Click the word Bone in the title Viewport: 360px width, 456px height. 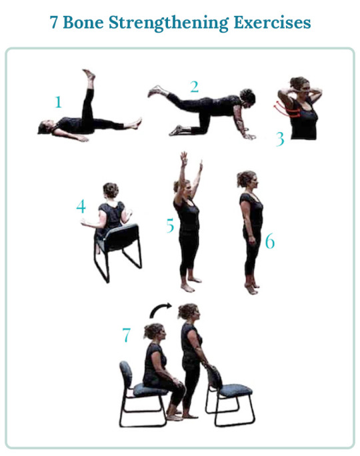(x=83, y=23)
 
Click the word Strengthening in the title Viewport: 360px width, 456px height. (x=169, y=23)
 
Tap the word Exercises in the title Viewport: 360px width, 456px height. (x=272, y=23)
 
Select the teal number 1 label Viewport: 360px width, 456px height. (x=58, y=102)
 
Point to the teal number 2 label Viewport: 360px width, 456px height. (x=195, y=87)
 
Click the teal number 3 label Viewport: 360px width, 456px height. (x=280, y=139)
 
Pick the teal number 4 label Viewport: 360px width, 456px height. (x=81, y=207)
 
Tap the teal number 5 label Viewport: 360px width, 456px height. (x=170, y=226)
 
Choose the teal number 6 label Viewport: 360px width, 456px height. (x=270, y=242)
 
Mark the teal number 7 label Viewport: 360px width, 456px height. (x=126, y=335)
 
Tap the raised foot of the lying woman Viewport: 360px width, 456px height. (x=89, y=75)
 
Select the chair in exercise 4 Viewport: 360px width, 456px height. (x=118, y=251)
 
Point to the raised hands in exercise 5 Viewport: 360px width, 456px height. (x=191, y=160)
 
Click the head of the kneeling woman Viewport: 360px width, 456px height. (x=247, y=97)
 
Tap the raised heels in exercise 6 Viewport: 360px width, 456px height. (x=252, y=289)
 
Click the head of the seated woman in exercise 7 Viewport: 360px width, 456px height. (x=155, y=333)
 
